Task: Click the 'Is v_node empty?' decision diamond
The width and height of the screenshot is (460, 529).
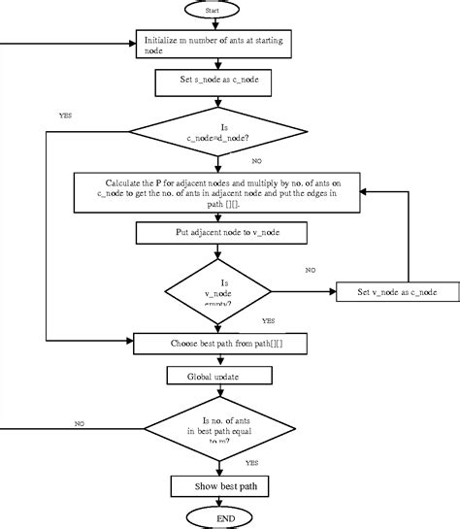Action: [x=219, y=289]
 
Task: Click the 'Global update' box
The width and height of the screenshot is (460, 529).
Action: [x=218, y=376]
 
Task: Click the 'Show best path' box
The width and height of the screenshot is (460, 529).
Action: [x=219, y=484]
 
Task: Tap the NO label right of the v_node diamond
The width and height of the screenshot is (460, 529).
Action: [x=311, y=270]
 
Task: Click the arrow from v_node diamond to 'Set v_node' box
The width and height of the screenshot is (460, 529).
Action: [x=303, y=290]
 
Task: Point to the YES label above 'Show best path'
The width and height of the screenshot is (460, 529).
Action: [x=251, y=463]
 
